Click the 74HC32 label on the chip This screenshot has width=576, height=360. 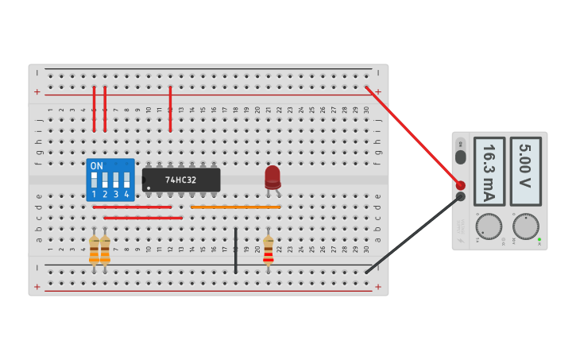(x=181, y=180)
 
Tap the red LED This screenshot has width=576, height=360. (x=273, y=176)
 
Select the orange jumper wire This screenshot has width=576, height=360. (x=235, y=207)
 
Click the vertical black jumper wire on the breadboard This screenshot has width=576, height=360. (x=235, y=250)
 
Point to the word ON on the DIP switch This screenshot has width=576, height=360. (x=96, y=166)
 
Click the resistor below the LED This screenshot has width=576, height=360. (x=269, y=250)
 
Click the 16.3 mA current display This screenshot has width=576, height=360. (x=489, y=172)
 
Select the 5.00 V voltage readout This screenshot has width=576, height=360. (x=525, y=172)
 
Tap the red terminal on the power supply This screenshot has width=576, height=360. (x=460, y=185)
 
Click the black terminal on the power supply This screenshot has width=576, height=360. (x=460, y=196)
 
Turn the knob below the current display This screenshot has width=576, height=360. (x=489, y=226)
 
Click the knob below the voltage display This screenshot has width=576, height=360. (x=525, y=226)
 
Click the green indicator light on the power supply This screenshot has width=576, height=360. (x=539, y=239)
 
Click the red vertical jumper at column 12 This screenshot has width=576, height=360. (x=170, y=109)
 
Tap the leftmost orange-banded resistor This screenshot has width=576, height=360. (x=94, y=250)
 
